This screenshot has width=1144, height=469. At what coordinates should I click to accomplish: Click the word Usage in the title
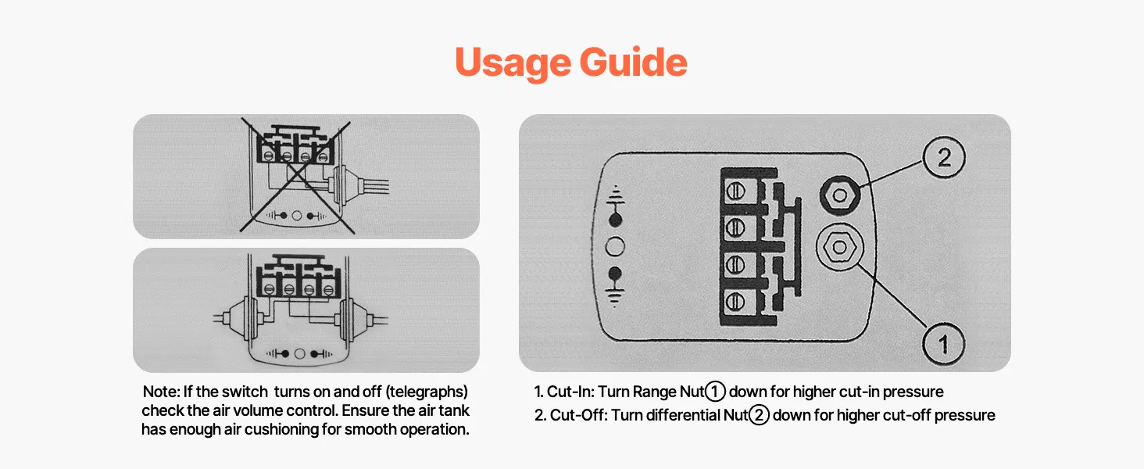[x=513, y=63]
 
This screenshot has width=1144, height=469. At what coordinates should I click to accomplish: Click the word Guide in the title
[x=633, y=62]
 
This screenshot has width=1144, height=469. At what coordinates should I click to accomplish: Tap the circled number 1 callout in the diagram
[x=944, y=344]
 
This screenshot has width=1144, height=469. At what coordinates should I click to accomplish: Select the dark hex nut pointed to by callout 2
[x=839, y=195]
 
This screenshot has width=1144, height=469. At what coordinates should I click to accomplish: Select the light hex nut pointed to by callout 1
[x=840, y=248]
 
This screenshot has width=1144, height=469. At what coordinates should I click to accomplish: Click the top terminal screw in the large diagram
[x=735, y=192]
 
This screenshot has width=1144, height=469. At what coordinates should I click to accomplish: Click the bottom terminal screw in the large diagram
[x=735, y=302]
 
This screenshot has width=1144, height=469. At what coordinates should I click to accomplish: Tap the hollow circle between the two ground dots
[x=615, y=247]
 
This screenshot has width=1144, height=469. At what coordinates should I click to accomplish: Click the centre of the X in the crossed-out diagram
[x=296, y=176]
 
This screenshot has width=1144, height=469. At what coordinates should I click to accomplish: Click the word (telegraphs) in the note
[x=427, y=392]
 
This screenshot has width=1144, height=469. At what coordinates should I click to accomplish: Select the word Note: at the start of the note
[x=161, y=392]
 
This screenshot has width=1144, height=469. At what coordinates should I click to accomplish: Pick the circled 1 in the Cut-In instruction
[x=715, y=392]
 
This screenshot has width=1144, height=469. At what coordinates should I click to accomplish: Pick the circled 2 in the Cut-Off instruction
[x=759, y=415]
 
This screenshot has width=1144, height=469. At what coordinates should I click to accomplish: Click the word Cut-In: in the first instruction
[x=570, y=392]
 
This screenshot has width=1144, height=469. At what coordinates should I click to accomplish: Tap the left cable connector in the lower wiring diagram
[x=236, y=319]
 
